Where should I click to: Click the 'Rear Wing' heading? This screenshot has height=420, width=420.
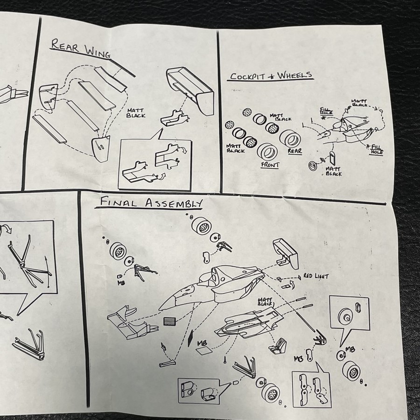[x=81, y=48]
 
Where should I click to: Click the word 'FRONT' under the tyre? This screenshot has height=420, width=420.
[x=270, y=165]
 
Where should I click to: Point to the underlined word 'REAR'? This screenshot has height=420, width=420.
[x=295, y=151]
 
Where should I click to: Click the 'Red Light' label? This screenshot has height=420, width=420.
[x=316, y=276]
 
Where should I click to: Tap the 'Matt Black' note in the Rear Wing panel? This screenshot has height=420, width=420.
[x=136, y=113]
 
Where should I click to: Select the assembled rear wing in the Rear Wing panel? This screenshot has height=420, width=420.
[x=191, y=90]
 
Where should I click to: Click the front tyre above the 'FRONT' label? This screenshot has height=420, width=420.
[x=267, y=152]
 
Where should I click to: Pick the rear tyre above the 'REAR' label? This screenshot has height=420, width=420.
[x=290, y=137]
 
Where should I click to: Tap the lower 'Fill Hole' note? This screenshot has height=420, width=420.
[x=376, y=149]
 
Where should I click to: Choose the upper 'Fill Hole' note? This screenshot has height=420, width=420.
[x=326, y=111]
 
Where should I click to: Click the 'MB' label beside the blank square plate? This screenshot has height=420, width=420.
[x=202, y=343]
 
